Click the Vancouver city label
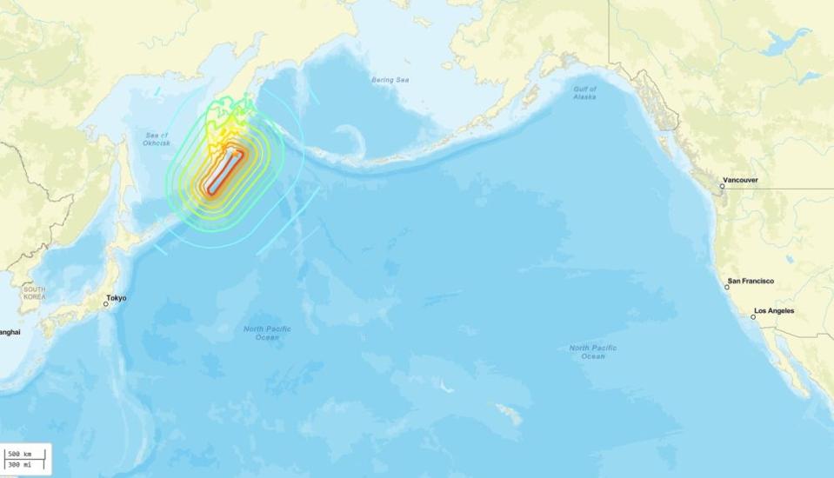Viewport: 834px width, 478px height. click(740, 181)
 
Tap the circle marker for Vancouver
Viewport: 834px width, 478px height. click(722, 186)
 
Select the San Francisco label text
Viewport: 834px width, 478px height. click(751, 281)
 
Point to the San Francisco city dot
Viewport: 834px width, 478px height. click(728, 287)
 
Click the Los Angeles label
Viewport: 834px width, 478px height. click(774, 310)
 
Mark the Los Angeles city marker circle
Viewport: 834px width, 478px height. click(753, 317)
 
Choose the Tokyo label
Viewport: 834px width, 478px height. click(116, 298)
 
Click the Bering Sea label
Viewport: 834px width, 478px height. click(390, 80)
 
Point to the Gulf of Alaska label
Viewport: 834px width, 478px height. click(585, 94)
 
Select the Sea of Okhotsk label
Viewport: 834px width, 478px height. click(158, 138)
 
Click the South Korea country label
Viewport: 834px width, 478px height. click(35, 293)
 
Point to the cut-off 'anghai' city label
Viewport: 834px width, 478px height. click(10, 331)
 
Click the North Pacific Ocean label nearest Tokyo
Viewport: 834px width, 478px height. click(267, 333)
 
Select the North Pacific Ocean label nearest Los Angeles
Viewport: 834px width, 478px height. click(593, 352)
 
